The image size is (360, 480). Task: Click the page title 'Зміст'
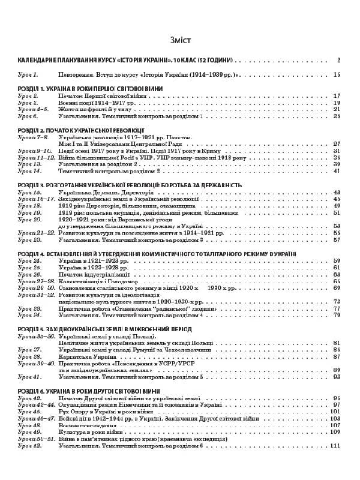(x=180, y=40)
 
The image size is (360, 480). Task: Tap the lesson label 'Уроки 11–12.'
(x=32, y=157)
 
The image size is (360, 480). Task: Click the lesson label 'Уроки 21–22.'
(x=32, y=233)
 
